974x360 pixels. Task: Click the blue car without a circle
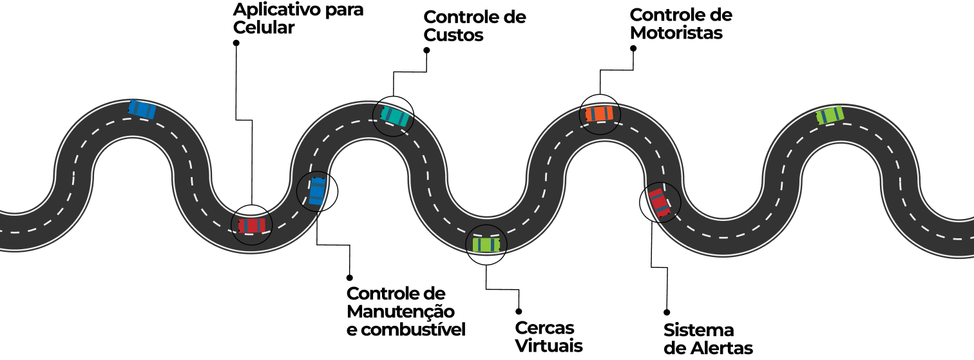tap(142, 109)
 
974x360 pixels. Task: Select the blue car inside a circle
tap(317, 191)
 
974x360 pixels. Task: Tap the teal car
tap(394, 116)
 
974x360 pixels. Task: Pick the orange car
tap(600, 113)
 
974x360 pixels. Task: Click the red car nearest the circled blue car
tap(252, 225)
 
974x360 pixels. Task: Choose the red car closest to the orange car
tap(659, 202)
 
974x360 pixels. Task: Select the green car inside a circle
tap(486, 245)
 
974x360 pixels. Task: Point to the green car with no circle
tap(830, 115)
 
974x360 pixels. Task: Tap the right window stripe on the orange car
tap(607, 113)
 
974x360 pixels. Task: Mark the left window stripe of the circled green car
tap(479, 245)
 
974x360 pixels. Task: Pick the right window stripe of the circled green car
tap(493, 245)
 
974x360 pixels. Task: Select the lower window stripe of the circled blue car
tap(316, 198)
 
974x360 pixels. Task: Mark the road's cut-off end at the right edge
tap(971, 239)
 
